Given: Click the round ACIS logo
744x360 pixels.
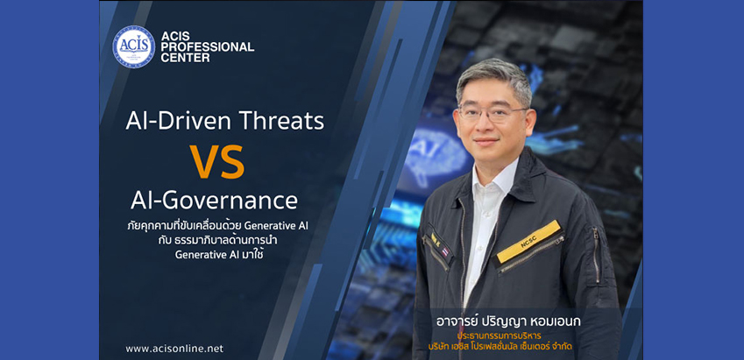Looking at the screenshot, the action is tap(134, 46).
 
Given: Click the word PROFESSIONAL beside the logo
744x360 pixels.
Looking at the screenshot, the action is tap(208, 47).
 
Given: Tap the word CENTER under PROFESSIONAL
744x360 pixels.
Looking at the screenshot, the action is tap(186, 58).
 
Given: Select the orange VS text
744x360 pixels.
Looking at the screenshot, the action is tap(216, 161).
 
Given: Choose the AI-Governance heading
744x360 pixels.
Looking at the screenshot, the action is tap(214, 201).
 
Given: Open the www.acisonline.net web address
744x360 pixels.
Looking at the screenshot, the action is tap(174, 349).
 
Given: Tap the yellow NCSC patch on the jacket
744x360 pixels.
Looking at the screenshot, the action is tap(528, 241).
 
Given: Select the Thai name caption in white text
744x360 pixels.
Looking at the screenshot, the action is tap(508, 321).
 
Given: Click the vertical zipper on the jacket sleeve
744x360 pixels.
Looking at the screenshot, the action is tap(596, 255).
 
